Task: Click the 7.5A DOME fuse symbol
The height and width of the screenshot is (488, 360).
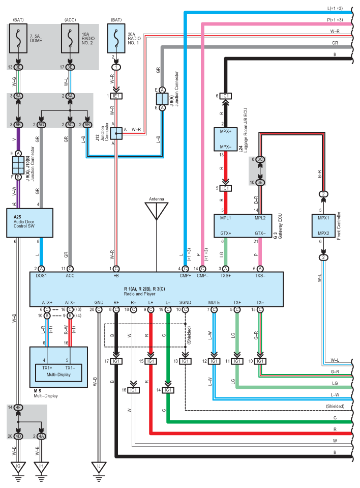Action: [x=19, y=39]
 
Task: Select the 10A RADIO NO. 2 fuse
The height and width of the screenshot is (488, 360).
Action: [x=70, y=39]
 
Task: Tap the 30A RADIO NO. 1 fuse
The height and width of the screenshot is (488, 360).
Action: [x=116, y=39]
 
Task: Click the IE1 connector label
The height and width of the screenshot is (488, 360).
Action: [x=116, y=96]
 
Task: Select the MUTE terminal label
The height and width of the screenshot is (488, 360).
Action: [x=214, y=302]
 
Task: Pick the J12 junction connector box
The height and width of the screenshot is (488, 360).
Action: [x=116, y=133]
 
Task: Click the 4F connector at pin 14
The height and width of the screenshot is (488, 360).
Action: [x=18, y=407]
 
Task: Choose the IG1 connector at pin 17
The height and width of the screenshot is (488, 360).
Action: [x=116, y=361]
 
